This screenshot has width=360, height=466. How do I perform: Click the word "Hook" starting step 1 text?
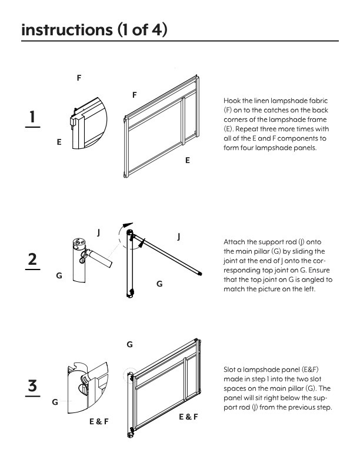tap(232, 101)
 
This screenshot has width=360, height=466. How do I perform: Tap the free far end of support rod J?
tap(200, 273)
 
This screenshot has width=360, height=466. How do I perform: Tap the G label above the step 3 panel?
tap(129, 344)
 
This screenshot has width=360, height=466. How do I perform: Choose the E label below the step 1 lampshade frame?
tap(187, 160)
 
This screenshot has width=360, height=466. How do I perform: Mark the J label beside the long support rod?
tap(178, 237)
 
